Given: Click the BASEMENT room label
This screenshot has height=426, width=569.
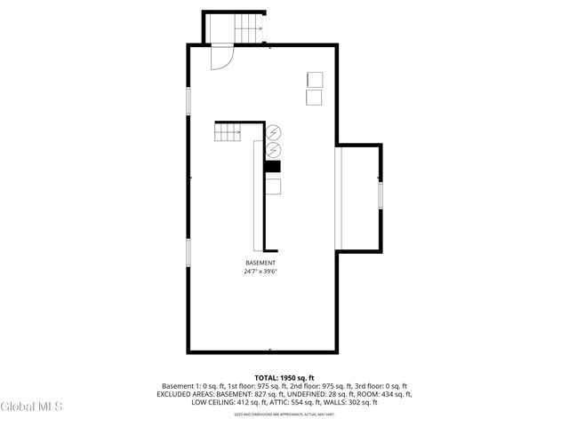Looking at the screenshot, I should click(x=260, y=263).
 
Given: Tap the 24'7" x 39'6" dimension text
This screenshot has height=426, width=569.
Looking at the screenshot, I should click(x=260, y=272).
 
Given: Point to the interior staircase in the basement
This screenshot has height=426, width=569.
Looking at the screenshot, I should click(x=228, y=132).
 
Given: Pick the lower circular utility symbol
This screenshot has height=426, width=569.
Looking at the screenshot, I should click(x=273, y=149).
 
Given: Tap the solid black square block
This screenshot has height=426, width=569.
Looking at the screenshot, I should click(x=272, y=165).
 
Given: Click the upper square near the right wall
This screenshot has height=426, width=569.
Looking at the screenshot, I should click(x=314, y=78).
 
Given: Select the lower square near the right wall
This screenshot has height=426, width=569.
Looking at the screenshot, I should click(x=314, y=98).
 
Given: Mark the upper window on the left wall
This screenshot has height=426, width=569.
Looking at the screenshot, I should click(x=188, y=100).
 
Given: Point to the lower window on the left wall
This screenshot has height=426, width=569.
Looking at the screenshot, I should click(x=188, y=251).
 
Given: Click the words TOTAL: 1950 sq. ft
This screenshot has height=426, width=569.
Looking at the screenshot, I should click(x=284, y=377).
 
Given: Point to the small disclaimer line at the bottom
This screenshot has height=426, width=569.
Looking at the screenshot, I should click(x=284, y=414).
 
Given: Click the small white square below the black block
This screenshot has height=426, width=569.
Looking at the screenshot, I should click(x=273, y=185).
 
